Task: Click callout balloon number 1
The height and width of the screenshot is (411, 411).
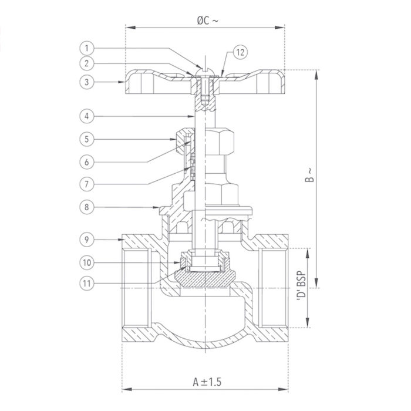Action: [86, 48]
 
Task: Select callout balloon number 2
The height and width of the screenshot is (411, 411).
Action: [86, 63]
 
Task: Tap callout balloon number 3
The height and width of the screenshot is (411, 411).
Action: [86, 83]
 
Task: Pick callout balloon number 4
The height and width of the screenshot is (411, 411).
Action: [86, 116]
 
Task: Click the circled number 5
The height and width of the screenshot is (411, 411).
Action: [86, 139]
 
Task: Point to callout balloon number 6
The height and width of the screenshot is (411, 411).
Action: [86, 161]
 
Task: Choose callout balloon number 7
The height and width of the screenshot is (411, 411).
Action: [86, 183]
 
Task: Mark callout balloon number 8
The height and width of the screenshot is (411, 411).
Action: [86, 207]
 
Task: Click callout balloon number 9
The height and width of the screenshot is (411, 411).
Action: [86, 239]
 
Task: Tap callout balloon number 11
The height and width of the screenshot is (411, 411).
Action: [86, 283]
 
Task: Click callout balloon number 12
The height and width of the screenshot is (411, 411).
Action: [241, 52]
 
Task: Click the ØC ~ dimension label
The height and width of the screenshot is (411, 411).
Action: [206, 20]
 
